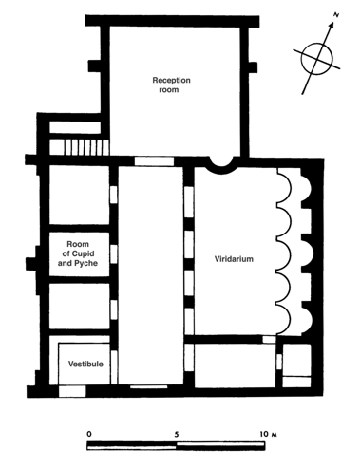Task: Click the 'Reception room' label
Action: pos(171,84)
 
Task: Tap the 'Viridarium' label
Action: pos(234,259)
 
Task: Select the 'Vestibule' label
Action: pos(85,364)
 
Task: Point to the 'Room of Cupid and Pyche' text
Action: pos(78,253)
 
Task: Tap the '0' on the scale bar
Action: pos(89,434)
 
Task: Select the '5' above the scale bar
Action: pos(177,434)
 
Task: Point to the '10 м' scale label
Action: pos(268,434)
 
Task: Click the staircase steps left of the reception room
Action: pos(86,147)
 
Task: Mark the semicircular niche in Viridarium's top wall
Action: pos(221,162)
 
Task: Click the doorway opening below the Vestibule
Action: pos(72,391)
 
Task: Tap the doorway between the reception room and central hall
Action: pos(154,160)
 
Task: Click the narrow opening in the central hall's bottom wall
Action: pos(149,386)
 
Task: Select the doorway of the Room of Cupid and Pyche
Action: pos(114,254)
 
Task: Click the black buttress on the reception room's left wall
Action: pos(94,66)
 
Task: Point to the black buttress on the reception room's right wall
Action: pos(253,67)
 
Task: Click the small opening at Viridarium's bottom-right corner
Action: pos(270,340)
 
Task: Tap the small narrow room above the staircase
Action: pos(75,127)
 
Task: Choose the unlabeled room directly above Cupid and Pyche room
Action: pos(79,195)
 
